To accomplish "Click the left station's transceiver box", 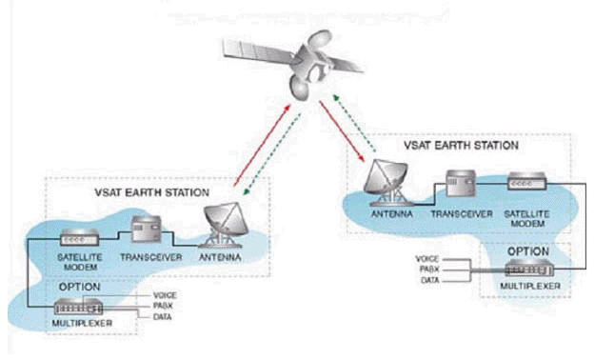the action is tap(147, 229).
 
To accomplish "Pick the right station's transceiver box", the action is tap(461, 183).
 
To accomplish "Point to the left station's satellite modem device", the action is tap(80, 238).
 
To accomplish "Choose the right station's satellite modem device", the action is tap(527, 181).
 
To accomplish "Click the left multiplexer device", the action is tap(79, 307).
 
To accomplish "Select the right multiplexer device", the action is tap(529, 269).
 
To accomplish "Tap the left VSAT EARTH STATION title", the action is tap(151, 192).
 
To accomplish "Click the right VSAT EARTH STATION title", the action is tap(461, 145).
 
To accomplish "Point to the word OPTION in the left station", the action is tap(80, 287).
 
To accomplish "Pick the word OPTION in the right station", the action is tap(528, 251).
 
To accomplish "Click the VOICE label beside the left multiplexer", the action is tap(165, 295).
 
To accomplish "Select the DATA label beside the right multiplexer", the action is tap(430, 280).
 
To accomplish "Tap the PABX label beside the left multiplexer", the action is tap(163, 306).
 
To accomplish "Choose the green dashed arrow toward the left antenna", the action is tap(272, 154).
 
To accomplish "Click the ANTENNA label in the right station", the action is tap(391, 213).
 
